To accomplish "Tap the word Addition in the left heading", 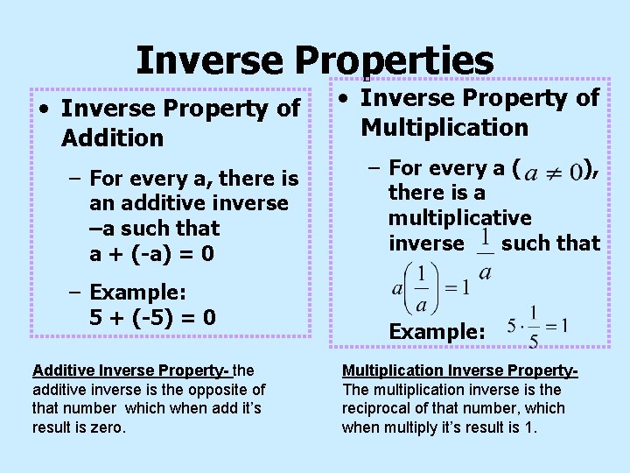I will coord(113,138).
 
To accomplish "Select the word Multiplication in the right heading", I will coord(444,128).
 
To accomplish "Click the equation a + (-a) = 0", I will coord(153,254).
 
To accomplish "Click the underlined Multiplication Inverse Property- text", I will coord(458,371).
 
